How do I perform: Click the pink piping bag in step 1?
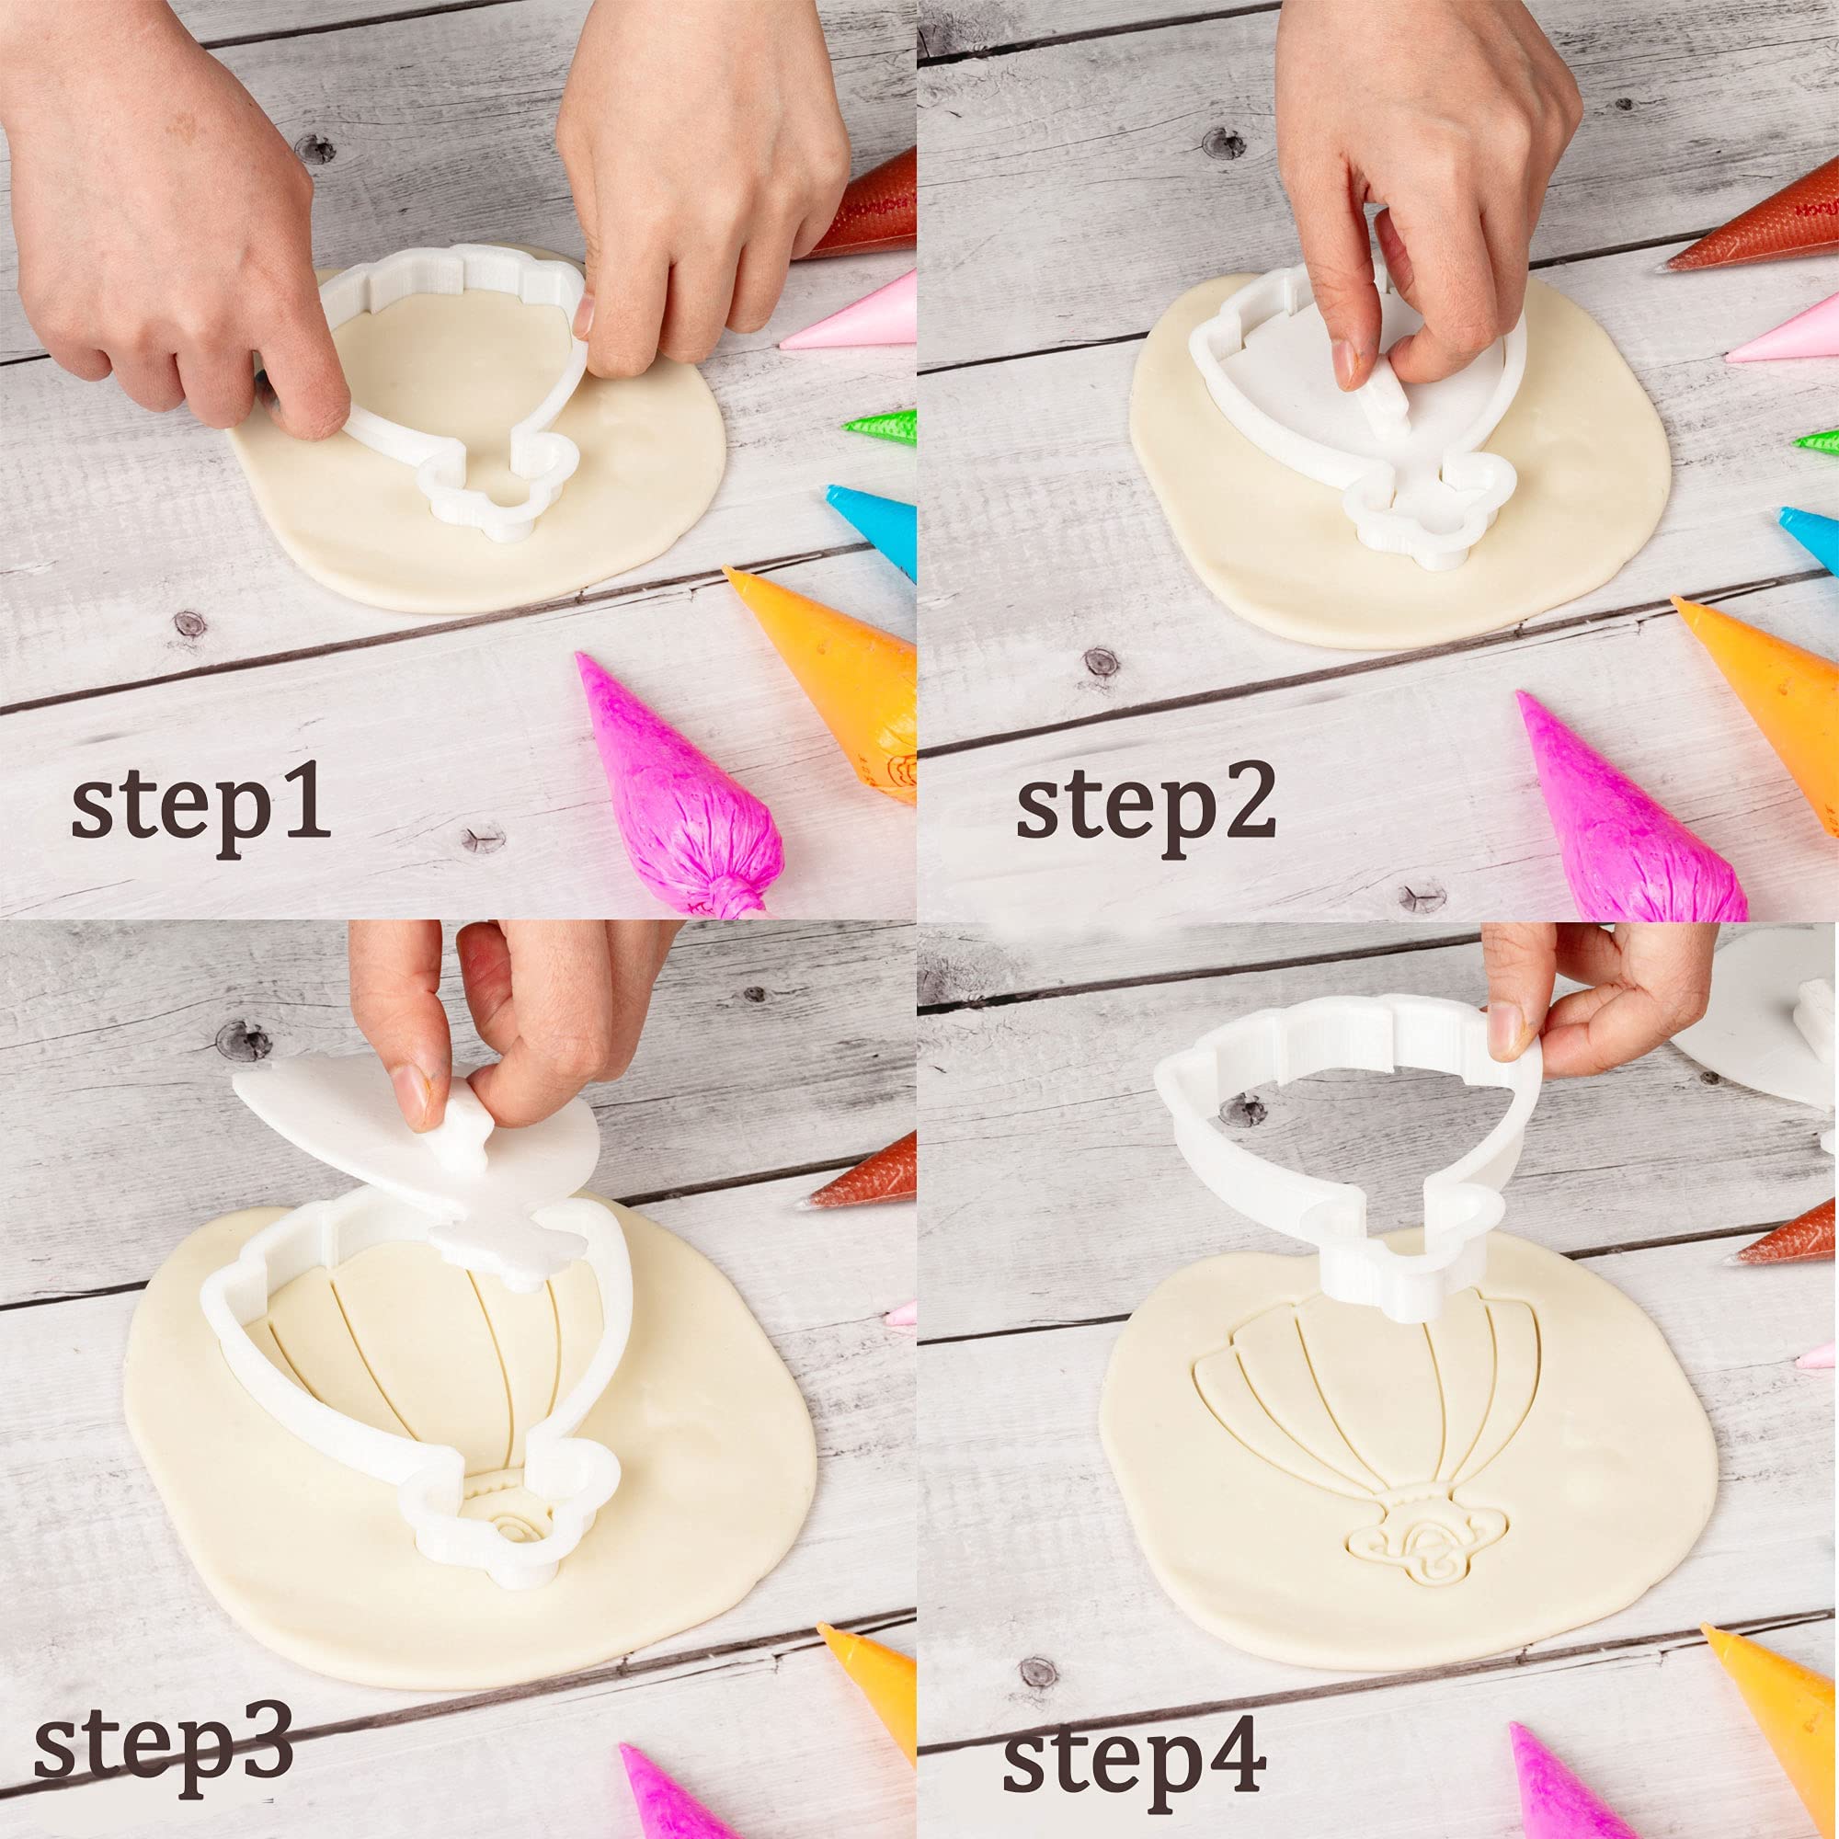tap(852, 319)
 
